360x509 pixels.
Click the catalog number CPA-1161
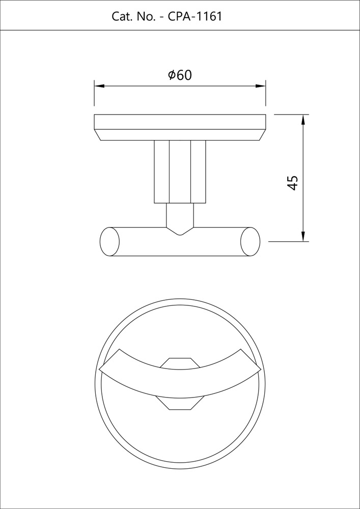pos(195,16)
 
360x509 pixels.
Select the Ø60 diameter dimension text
pos(180,75)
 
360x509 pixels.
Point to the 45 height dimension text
pos(292,182)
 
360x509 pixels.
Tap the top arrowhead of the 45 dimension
pos(303,120)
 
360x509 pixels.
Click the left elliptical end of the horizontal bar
pos(110,241)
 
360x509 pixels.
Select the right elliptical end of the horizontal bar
pos(250,241)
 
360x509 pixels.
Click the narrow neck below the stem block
pos(180,214)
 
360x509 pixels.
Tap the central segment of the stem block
pos(180,172)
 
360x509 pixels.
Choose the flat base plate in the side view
pos(180,122)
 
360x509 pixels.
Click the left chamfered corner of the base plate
pos(98,135)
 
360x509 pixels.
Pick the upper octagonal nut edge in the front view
pos(180,362)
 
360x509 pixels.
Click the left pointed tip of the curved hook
pos(102,369)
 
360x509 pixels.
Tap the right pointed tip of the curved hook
pos(259,369)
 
